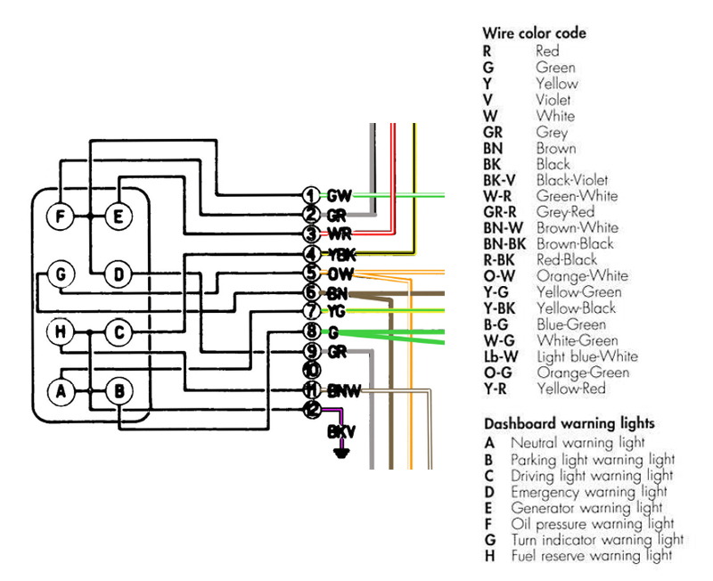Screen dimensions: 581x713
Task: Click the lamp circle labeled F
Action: click(60, 217)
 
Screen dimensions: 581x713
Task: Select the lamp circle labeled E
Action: click(118, 217)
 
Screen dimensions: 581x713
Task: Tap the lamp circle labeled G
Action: click(60, 274)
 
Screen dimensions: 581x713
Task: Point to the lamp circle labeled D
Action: click(118, 274)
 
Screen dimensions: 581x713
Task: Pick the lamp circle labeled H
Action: click(60, 332)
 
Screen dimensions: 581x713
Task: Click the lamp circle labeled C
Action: click(118, 332)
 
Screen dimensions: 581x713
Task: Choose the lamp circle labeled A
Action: click(60, 390)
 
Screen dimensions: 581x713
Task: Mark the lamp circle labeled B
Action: click(118, 390)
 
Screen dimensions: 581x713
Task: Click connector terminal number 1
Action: click(310, 195)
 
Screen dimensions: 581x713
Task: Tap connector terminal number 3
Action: click(310, 234)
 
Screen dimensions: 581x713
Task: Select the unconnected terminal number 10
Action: click(310, 370)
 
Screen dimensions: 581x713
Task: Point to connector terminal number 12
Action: click(310, 409)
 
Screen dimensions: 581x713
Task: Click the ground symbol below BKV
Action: click(339, 452)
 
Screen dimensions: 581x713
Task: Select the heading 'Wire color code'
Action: click(534, 33)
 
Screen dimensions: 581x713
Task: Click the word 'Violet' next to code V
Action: click(553, 100)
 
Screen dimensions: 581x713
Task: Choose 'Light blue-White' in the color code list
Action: click(587, 356)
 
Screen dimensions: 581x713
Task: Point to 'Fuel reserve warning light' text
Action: click(591, 556)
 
